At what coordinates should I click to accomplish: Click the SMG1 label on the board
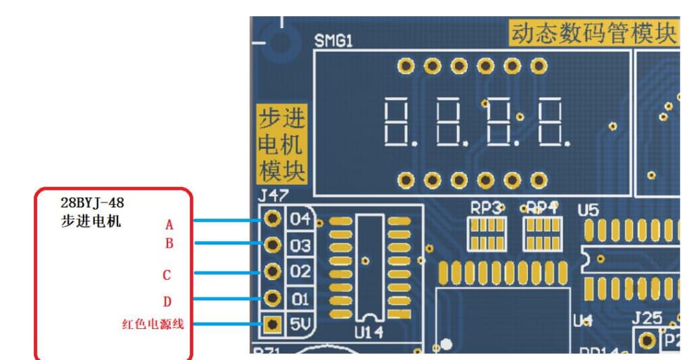click(333, 41)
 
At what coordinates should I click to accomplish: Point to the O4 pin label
click(300, 219)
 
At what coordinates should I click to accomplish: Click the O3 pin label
click(300, 245)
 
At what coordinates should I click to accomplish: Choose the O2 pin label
click(300, 272)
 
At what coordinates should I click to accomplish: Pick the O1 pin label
click(300, 299)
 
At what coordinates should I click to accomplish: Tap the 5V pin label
click(300, 325)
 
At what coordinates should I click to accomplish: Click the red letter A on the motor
click(169, 225)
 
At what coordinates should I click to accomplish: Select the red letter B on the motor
click(169, 244)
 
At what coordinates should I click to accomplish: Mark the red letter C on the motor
click(167, 275)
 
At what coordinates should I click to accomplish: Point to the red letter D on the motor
click(167, 302)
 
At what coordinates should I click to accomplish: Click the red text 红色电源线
click(153, 324)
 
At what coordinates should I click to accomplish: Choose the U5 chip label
click(588, 210)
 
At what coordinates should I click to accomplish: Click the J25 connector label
click(646, 318)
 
